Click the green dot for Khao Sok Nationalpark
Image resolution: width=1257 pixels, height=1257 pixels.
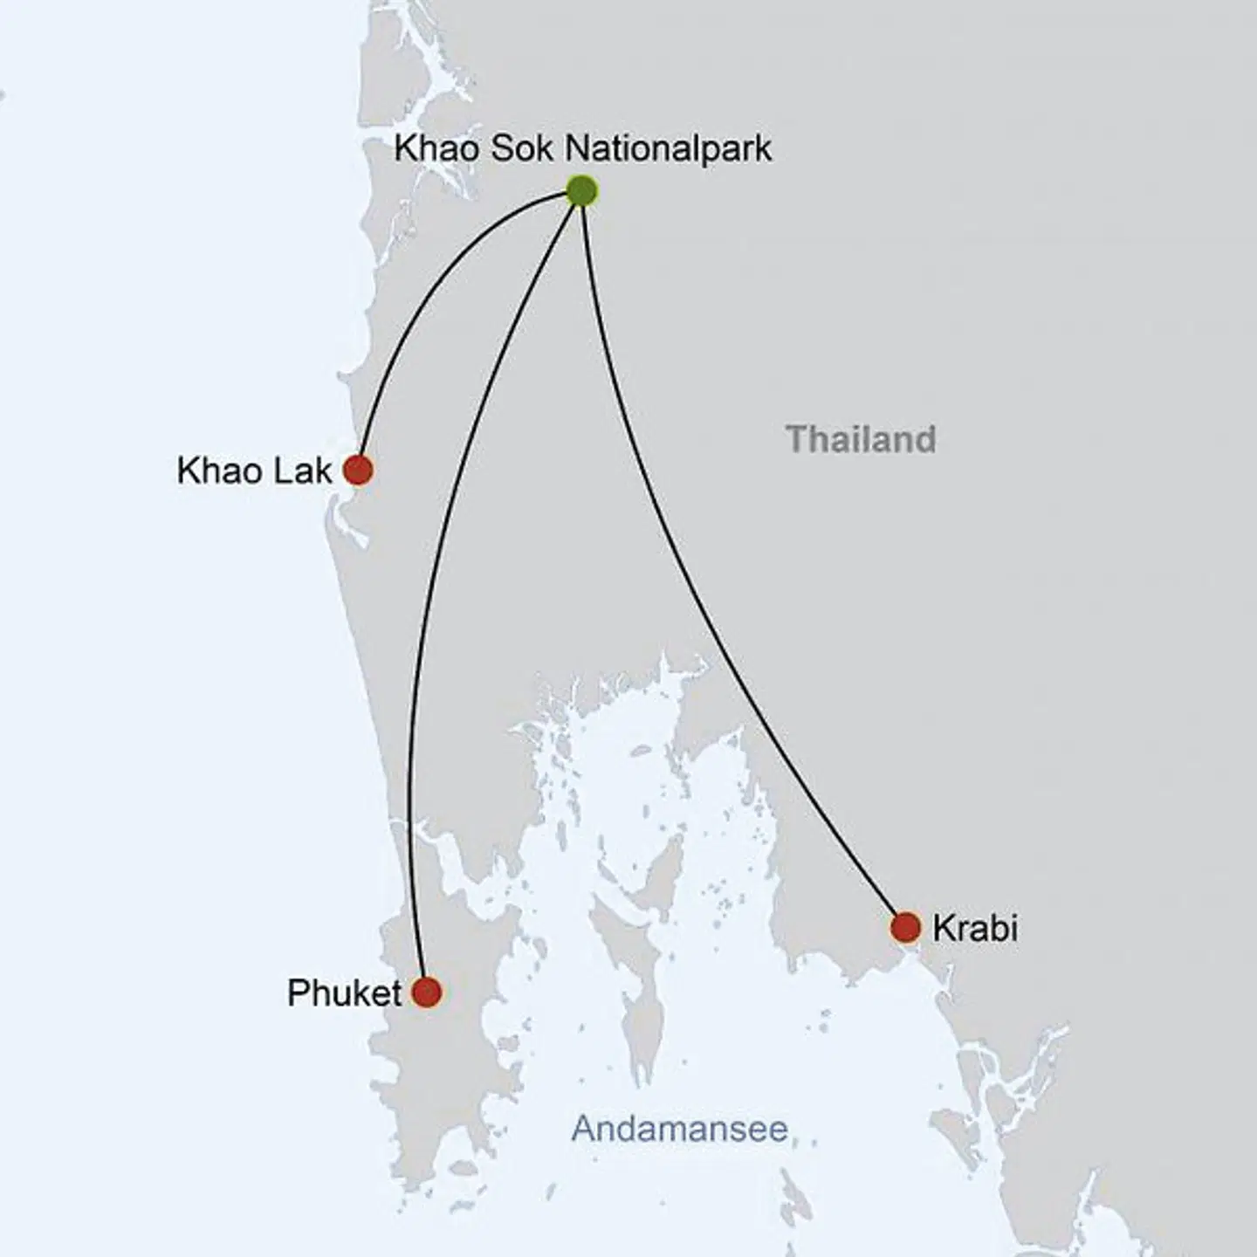581,190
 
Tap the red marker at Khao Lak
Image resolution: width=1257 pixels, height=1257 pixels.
358,470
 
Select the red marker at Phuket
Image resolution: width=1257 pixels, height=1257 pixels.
426,993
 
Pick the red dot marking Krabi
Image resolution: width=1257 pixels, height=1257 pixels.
906,927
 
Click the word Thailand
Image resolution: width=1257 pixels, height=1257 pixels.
861,439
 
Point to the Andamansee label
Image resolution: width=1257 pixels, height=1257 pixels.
679,1129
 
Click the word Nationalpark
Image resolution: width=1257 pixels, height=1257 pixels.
668,148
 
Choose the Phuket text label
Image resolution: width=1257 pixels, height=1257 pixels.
344,993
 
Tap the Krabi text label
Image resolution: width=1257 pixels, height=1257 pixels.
974,928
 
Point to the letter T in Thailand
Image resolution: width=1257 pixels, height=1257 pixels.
795,439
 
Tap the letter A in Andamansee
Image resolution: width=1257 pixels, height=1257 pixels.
584,1129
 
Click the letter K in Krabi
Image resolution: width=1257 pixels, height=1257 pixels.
942,928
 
